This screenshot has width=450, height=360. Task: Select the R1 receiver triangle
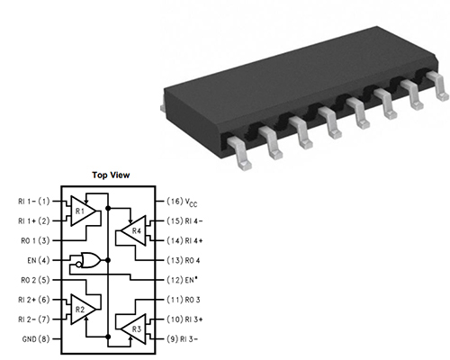(83, 211)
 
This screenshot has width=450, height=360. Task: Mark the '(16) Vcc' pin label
(183, 201)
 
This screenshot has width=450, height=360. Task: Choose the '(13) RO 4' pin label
(184, 260)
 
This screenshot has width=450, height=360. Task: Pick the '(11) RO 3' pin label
(184, 300)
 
